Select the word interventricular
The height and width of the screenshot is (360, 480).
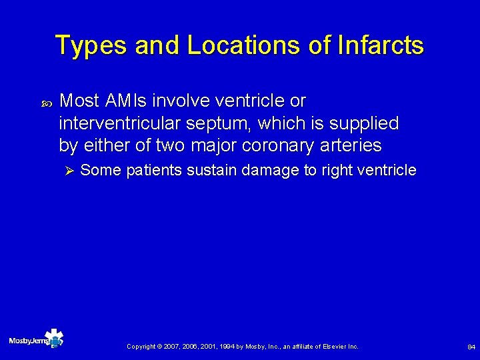tap(121, 123)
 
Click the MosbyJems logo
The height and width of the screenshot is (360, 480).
tap(37, 340)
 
